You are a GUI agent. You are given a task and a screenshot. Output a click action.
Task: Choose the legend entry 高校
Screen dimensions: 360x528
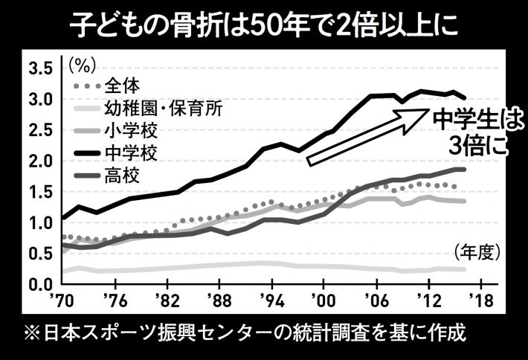[120, 178]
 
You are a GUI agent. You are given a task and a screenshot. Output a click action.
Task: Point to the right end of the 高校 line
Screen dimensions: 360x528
[465, 170]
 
